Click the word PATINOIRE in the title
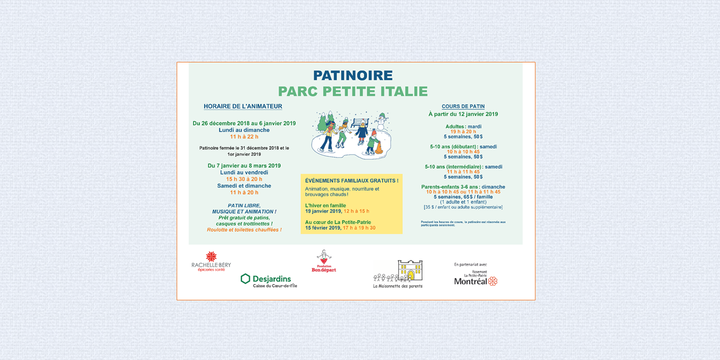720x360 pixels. (353, 75)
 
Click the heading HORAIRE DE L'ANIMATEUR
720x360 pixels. (243, 106)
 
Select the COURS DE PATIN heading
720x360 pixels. (463, 106)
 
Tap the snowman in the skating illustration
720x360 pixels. (382, 122)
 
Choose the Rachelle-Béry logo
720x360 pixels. (211, 262)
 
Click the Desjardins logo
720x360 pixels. (268, 280)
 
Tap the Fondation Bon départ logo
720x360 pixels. (323, 262)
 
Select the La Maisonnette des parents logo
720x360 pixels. (398, 274)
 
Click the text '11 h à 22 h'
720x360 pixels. (244, 137)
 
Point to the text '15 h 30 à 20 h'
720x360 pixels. (244, 179)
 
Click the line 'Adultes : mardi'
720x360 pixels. (463, 127)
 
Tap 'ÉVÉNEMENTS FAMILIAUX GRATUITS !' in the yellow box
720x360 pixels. (352, 181)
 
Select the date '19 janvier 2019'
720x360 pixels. (323, 211)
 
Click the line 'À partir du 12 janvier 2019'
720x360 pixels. (463, 114)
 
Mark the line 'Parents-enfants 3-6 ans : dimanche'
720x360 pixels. (463, 187)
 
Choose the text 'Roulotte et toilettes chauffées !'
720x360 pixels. (244, 229)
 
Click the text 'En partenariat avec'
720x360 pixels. (470, 264)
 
